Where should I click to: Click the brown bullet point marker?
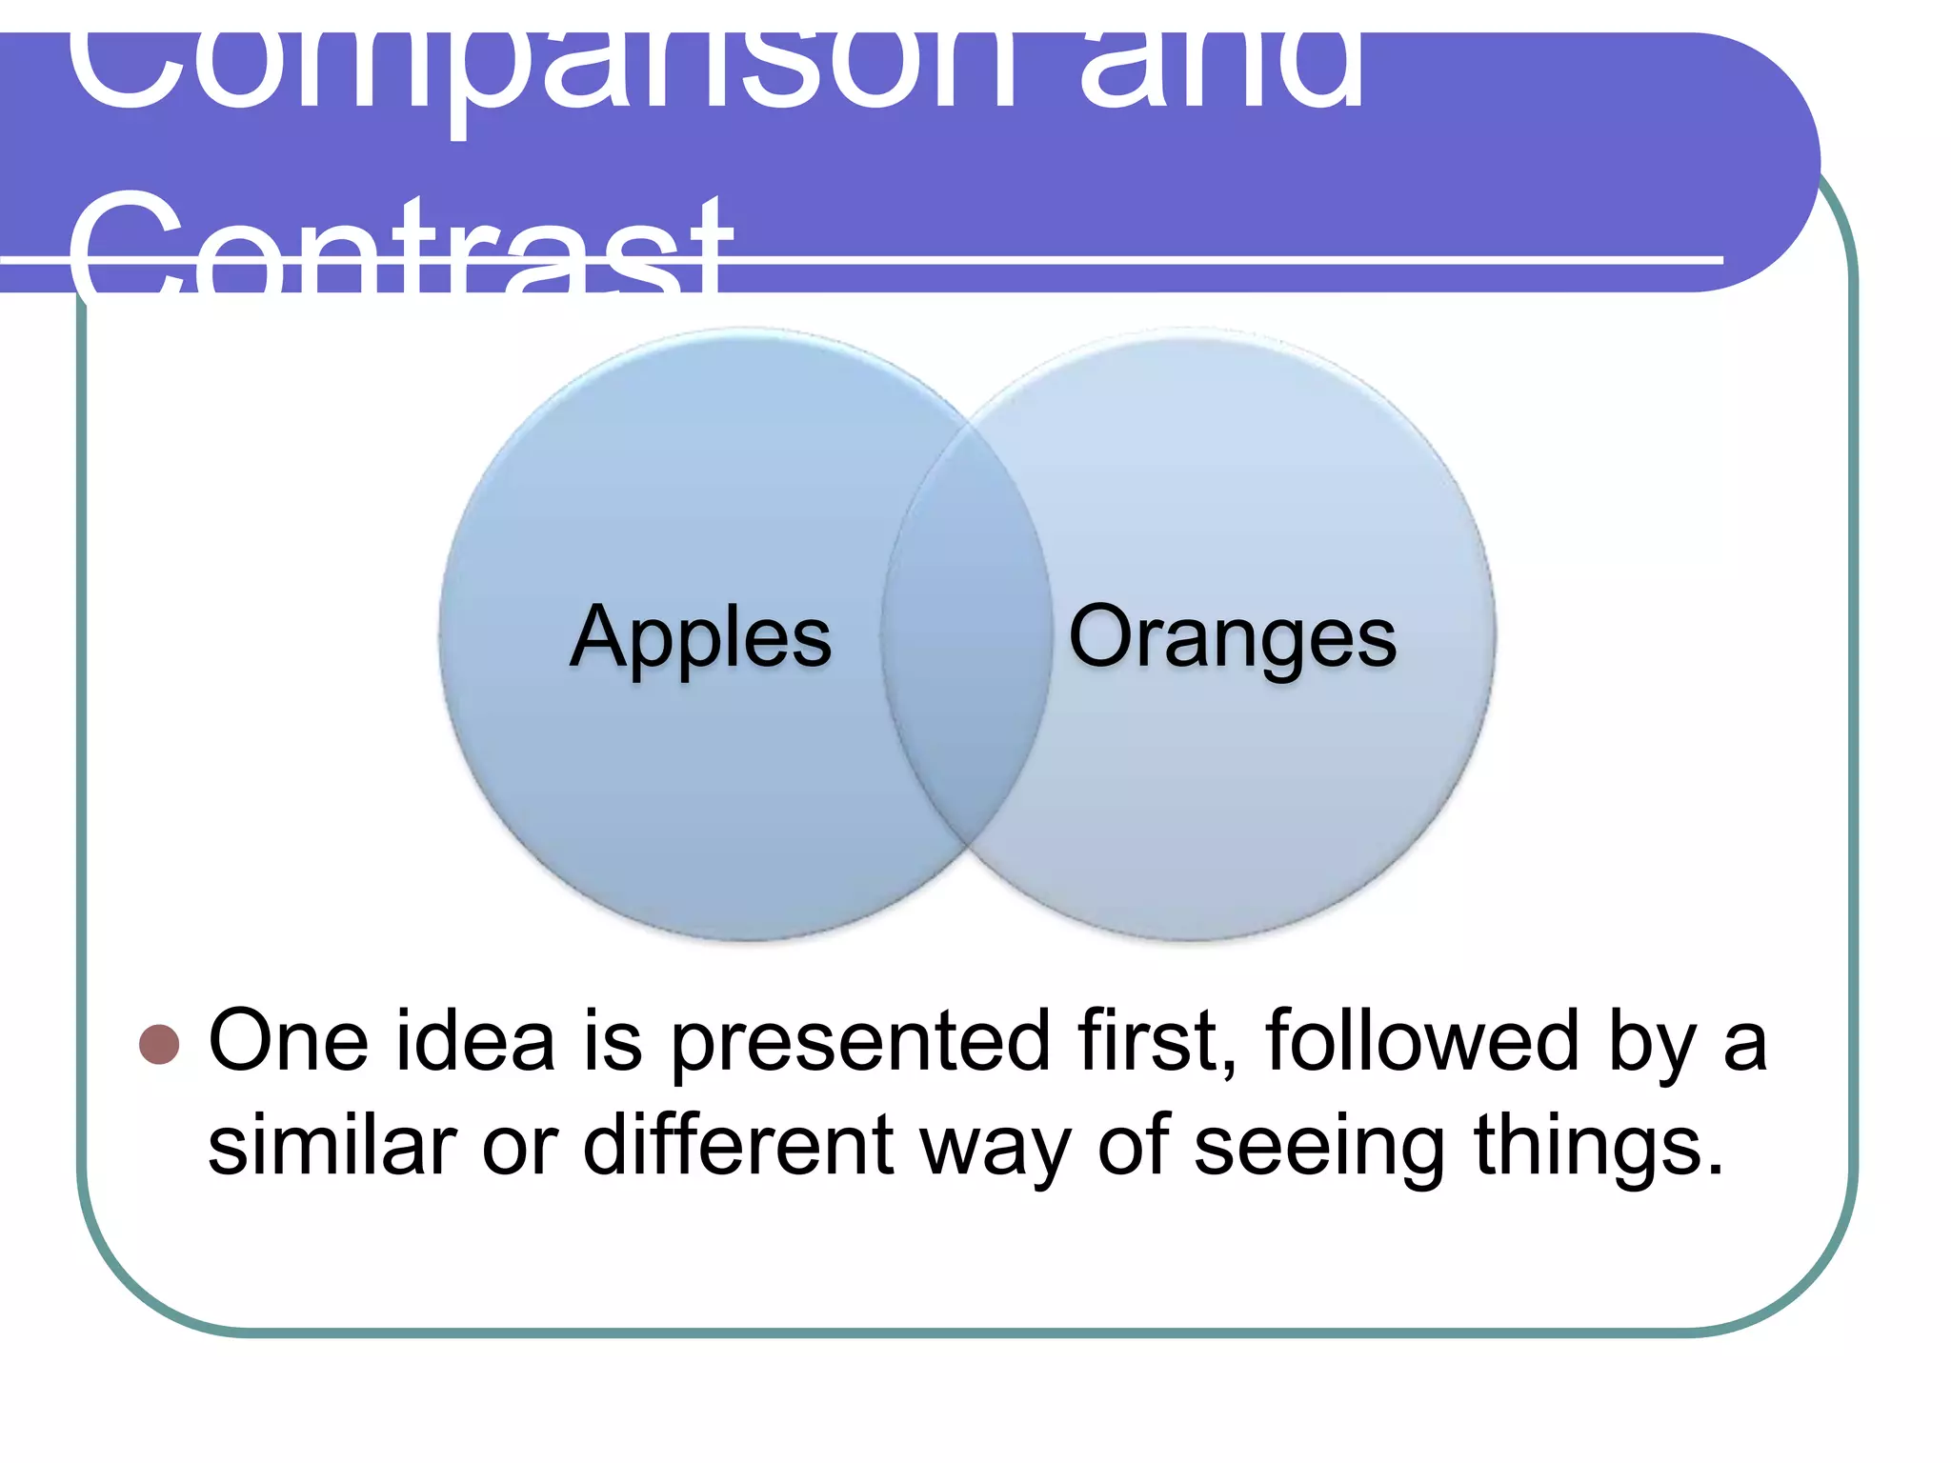tap(159, 1044)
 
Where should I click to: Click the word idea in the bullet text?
tap(475, 1041)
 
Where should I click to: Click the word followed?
tap(1423, 1041)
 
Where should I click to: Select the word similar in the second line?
tap(332, 1146)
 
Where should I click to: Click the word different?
tap(737, 1146)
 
